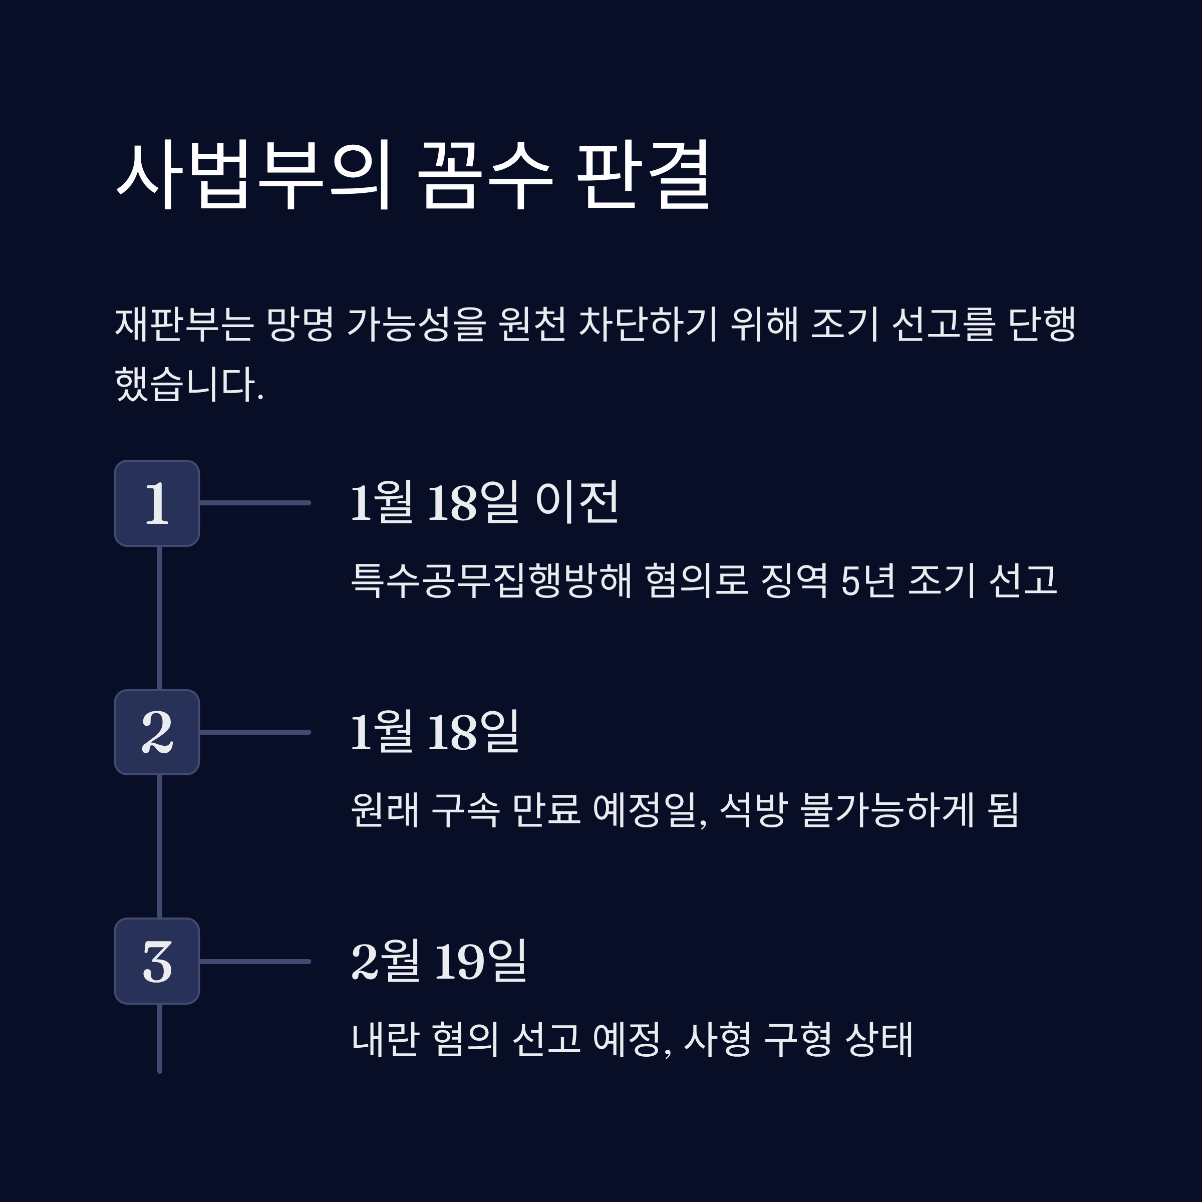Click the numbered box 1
[157, 503]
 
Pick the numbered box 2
[157, 732]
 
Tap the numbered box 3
[157, 961]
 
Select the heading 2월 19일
[439, 961]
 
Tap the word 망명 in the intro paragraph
[300, 324]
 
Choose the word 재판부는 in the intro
[184, 324]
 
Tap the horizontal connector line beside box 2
[255, 732]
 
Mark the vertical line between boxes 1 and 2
[160, 618]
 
